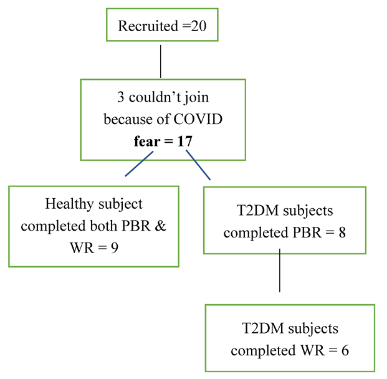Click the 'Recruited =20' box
(161, 26)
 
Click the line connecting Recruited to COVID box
(161, 60)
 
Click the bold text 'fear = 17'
(163, 141)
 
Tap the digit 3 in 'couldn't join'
(120, 98)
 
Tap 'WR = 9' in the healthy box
(93, 247)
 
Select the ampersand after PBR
(160, 226)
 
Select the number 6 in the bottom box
(345, 350)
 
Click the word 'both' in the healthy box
(109, 226)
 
